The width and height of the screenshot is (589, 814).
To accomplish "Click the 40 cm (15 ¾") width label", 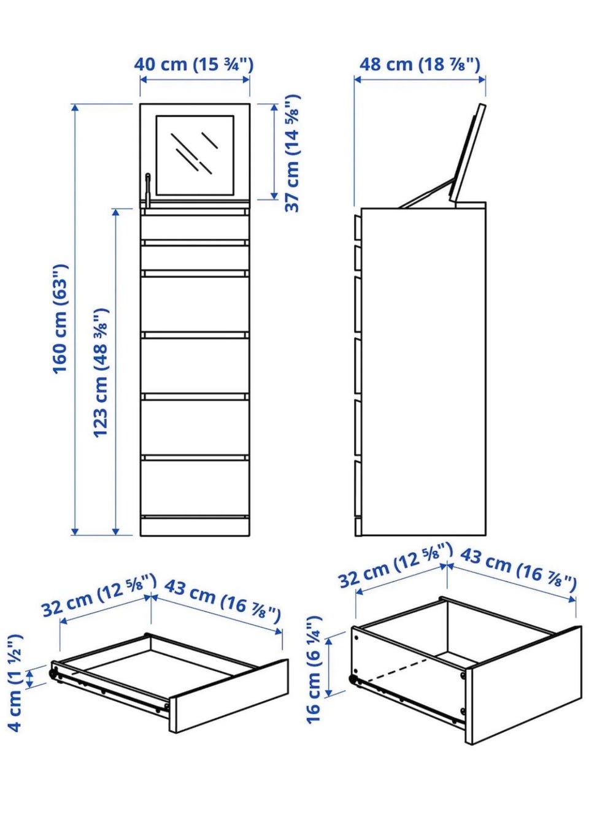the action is point(194,64).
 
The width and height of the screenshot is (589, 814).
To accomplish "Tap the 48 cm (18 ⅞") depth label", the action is point(420,64).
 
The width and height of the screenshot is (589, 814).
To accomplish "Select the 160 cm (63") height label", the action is point(60,319).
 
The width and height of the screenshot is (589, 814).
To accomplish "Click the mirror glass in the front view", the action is point(195,155).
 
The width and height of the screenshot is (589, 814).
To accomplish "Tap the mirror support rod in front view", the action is point(148,188).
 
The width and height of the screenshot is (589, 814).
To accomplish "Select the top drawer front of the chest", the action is point(195,228).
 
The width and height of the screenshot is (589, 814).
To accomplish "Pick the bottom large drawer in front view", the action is point(195,488).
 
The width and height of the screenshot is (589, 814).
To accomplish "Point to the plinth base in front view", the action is point(195,526).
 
